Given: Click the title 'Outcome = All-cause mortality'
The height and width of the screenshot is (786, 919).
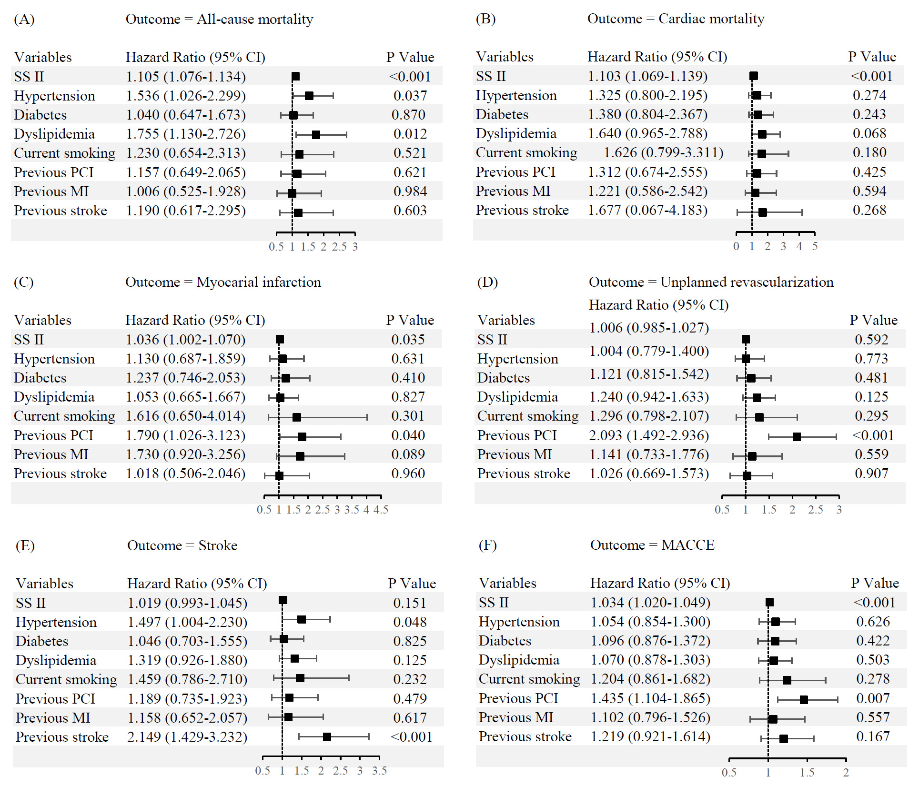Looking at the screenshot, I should pos(219,19).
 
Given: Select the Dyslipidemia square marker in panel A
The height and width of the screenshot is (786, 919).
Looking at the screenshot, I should pos(316,135).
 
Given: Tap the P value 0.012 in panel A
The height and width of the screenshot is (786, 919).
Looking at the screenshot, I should pos(410,134).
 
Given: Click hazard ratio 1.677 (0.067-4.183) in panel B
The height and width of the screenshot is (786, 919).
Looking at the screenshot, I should pos(647,210).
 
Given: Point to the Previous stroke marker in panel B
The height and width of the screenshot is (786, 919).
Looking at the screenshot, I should pos(762,212).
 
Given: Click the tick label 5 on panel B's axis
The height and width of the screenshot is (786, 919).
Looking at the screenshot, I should pos(815,246).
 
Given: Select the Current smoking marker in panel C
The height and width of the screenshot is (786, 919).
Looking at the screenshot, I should pos(296,417).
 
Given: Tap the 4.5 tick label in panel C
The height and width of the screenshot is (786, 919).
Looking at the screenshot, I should pos(381,510).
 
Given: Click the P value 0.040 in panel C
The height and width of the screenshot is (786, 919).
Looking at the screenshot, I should pos(408,435).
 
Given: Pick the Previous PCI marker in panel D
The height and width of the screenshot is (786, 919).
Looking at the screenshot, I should pos(797,436).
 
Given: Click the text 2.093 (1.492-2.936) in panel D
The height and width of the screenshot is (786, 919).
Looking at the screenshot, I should pos(649,435).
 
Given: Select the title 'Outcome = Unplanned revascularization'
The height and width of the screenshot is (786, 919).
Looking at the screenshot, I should pos(711,282).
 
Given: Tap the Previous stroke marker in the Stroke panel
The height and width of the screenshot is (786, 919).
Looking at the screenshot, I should pos(327,736).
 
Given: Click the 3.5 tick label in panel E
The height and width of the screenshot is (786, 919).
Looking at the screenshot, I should pos(379,771).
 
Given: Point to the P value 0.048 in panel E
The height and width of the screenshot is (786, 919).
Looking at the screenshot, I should pos(410,622).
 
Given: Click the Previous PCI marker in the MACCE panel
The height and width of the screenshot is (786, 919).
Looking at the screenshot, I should pos(804,700).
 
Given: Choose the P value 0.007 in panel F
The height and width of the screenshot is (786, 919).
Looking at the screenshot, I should pos(873,698).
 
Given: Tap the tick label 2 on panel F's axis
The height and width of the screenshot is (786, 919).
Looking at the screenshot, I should pos(846,773).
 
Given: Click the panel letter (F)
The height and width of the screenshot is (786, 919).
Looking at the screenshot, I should pos(487,545).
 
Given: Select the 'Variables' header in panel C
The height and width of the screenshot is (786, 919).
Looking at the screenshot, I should pos(42,320).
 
